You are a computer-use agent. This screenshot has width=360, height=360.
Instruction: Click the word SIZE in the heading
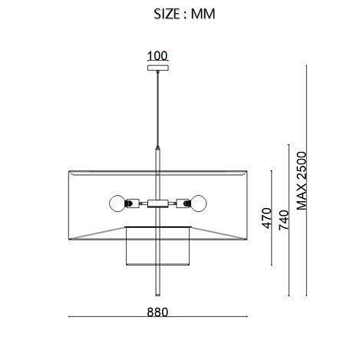167,14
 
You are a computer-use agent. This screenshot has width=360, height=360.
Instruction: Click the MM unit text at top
203,14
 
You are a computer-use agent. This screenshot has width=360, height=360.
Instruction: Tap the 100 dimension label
157,56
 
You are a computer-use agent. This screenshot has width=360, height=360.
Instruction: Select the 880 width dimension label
157,312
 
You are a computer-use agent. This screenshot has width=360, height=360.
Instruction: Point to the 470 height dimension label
266,218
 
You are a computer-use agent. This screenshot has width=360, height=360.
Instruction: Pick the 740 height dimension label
283,220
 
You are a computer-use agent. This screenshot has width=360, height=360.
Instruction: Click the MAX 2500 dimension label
302,180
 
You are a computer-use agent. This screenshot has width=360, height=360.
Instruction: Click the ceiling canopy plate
158,68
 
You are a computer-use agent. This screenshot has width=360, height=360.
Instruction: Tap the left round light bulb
117,203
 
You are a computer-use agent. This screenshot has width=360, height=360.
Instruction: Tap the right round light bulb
198,203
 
